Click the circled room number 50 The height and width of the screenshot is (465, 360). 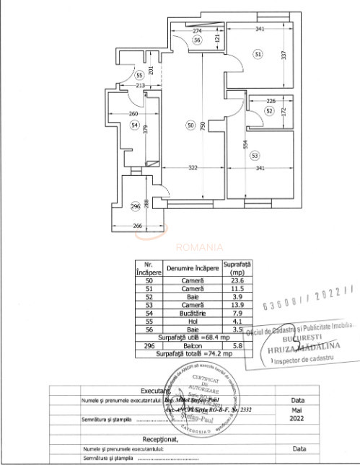[190, 125]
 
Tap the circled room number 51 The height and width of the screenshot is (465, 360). [258, 53]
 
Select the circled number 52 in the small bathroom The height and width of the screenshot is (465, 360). [268, 111]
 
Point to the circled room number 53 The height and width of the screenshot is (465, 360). [254, 155]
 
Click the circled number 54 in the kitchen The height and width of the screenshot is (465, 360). [134, 125]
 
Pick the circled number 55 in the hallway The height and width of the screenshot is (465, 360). [139, 74]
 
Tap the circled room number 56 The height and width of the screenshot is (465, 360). [197, 40]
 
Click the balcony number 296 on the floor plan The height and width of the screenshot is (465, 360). [135, 206]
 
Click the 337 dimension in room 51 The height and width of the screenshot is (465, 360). [284, 53]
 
